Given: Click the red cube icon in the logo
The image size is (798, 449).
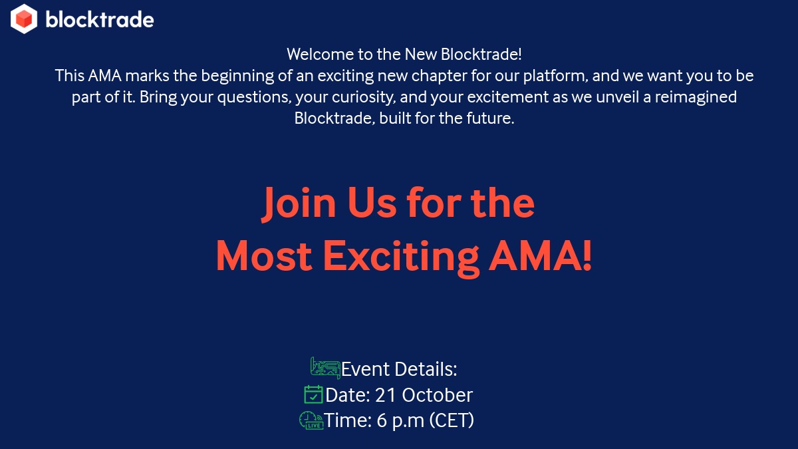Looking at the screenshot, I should pos(24,19).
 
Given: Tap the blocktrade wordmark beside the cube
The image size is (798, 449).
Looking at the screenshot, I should pos(100,20).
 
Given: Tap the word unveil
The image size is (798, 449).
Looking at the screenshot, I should pos(620,98).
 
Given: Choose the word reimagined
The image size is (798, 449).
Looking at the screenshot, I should pos(696,98).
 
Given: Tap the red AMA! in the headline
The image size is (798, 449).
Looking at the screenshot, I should pos(540,255).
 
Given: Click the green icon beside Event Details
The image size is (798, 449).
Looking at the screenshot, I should pos(325,367).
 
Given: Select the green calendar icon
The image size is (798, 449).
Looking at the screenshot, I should pos(313,394).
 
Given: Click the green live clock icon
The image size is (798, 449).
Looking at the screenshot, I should pos(311,420).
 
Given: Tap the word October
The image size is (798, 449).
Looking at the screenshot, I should pos(437,395).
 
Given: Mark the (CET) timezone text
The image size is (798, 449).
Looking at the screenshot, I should pos(452,421).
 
